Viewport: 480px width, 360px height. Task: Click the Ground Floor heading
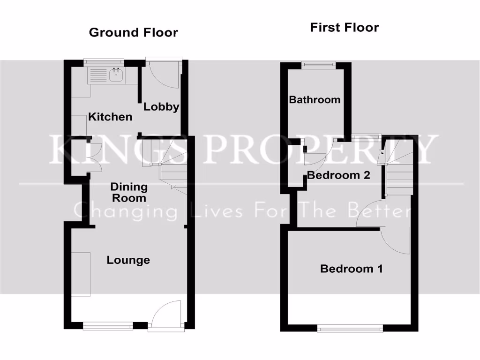133,32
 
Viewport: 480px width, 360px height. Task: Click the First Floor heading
344,27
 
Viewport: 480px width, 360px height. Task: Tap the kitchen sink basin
115,75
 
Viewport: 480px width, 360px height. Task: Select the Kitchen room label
110,117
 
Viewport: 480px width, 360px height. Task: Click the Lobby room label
161,106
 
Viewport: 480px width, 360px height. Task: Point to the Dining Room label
128,192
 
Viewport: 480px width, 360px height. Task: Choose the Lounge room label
128,260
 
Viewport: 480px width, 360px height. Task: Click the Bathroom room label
315,99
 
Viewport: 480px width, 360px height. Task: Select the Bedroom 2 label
338,175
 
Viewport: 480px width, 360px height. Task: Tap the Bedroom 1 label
351,269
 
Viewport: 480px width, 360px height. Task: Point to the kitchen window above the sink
104,61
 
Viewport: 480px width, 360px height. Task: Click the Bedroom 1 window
350,329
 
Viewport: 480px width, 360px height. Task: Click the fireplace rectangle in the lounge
81,274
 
